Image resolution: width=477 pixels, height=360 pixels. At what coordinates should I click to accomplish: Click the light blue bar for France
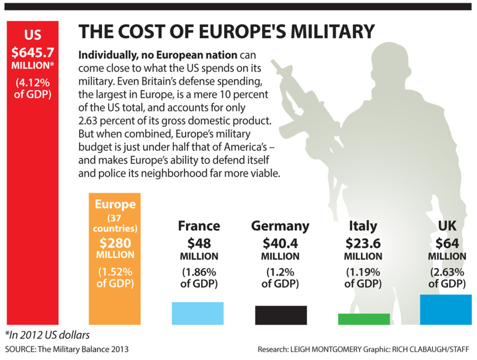198,313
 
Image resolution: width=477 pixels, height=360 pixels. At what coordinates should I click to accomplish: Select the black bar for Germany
281,315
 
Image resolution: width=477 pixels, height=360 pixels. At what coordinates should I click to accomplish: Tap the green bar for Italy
364,319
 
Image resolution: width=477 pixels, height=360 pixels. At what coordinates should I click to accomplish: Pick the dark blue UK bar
446,310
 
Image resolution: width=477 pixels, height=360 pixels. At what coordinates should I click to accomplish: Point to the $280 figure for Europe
115,243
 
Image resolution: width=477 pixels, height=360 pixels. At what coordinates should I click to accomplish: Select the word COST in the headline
140,31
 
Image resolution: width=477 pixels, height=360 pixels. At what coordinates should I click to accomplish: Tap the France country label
199,225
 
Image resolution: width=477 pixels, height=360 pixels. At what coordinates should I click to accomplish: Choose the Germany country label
280,225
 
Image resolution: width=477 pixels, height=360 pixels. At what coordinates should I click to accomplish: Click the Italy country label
363,225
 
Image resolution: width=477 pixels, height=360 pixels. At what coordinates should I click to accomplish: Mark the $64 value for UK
447,243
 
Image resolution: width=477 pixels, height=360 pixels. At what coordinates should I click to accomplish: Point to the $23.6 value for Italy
363,243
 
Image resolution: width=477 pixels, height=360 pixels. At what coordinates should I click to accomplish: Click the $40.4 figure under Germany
280,243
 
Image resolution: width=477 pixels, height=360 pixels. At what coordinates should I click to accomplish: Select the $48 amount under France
199,243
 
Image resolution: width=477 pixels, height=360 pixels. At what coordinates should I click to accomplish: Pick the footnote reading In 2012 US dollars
47,335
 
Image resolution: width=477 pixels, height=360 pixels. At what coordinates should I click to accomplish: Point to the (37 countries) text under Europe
115,224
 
